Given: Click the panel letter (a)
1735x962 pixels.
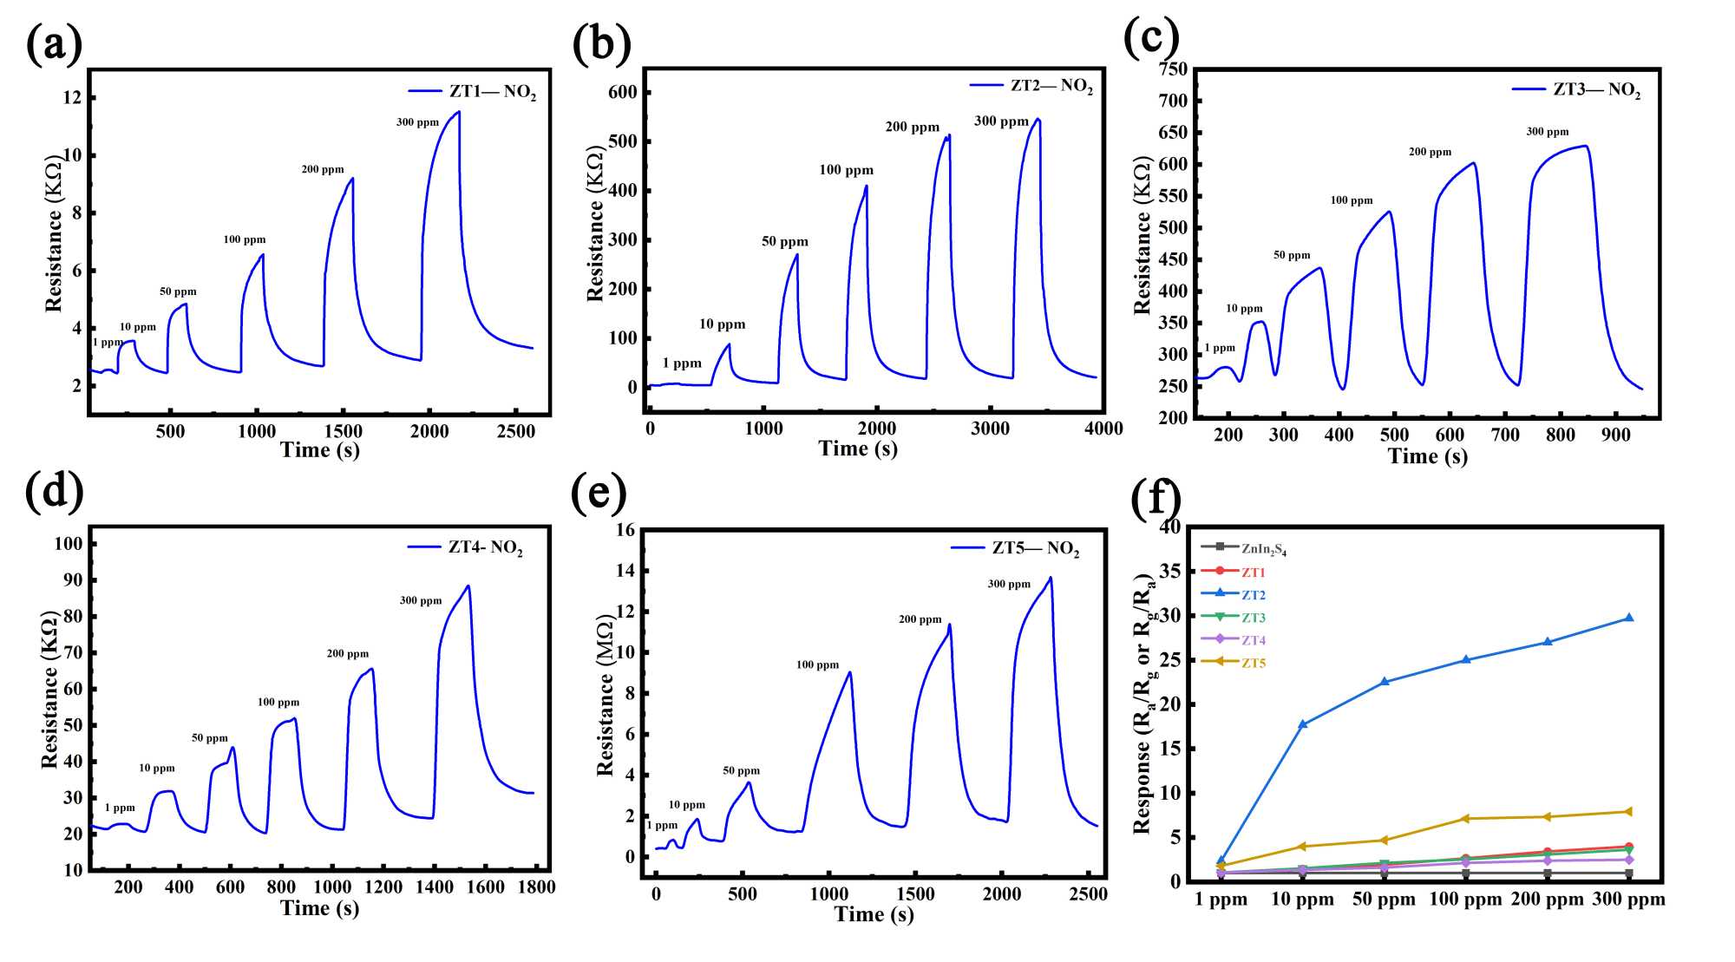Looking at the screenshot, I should point(54,43).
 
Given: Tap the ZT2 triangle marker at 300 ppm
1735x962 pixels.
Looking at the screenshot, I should point(1628,618).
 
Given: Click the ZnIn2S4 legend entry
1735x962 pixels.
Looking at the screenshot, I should point(1263,549).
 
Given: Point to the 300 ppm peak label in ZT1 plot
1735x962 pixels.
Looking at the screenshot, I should point(417,122).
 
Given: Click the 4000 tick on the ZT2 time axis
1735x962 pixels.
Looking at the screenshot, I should point(1103,429).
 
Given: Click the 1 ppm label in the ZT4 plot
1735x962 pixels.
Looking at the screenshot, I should point(120,808).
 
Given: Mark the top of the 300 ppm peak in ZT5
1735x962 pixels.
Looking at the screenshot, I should point(1051,578).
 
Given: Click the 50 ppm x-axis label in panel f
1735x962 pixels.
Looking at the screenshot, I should point(1384,900).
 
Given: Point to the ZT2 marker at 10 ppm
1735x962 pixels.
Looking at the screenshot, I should point(1302,723).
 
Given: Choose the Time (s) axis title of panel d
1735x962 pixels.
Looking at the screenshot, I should point(319,908).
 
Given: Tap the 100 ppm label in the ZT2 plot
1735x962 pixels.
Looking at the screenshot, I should point(846,170).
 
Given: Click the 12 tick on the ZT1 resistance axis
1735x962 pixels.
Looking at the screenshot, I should point(72,97).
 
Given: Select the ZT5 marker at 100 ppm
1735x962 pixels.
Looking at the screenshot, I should point(1466,818).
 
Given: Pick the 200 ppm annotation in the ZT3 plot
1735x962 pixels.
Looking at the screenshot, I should point(1430,152).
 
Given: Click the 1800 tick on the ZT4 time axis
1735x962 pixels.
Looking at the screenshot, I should point(536,887).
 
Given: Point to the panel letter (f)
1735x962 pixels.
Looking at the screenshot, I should point(1156,499).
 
